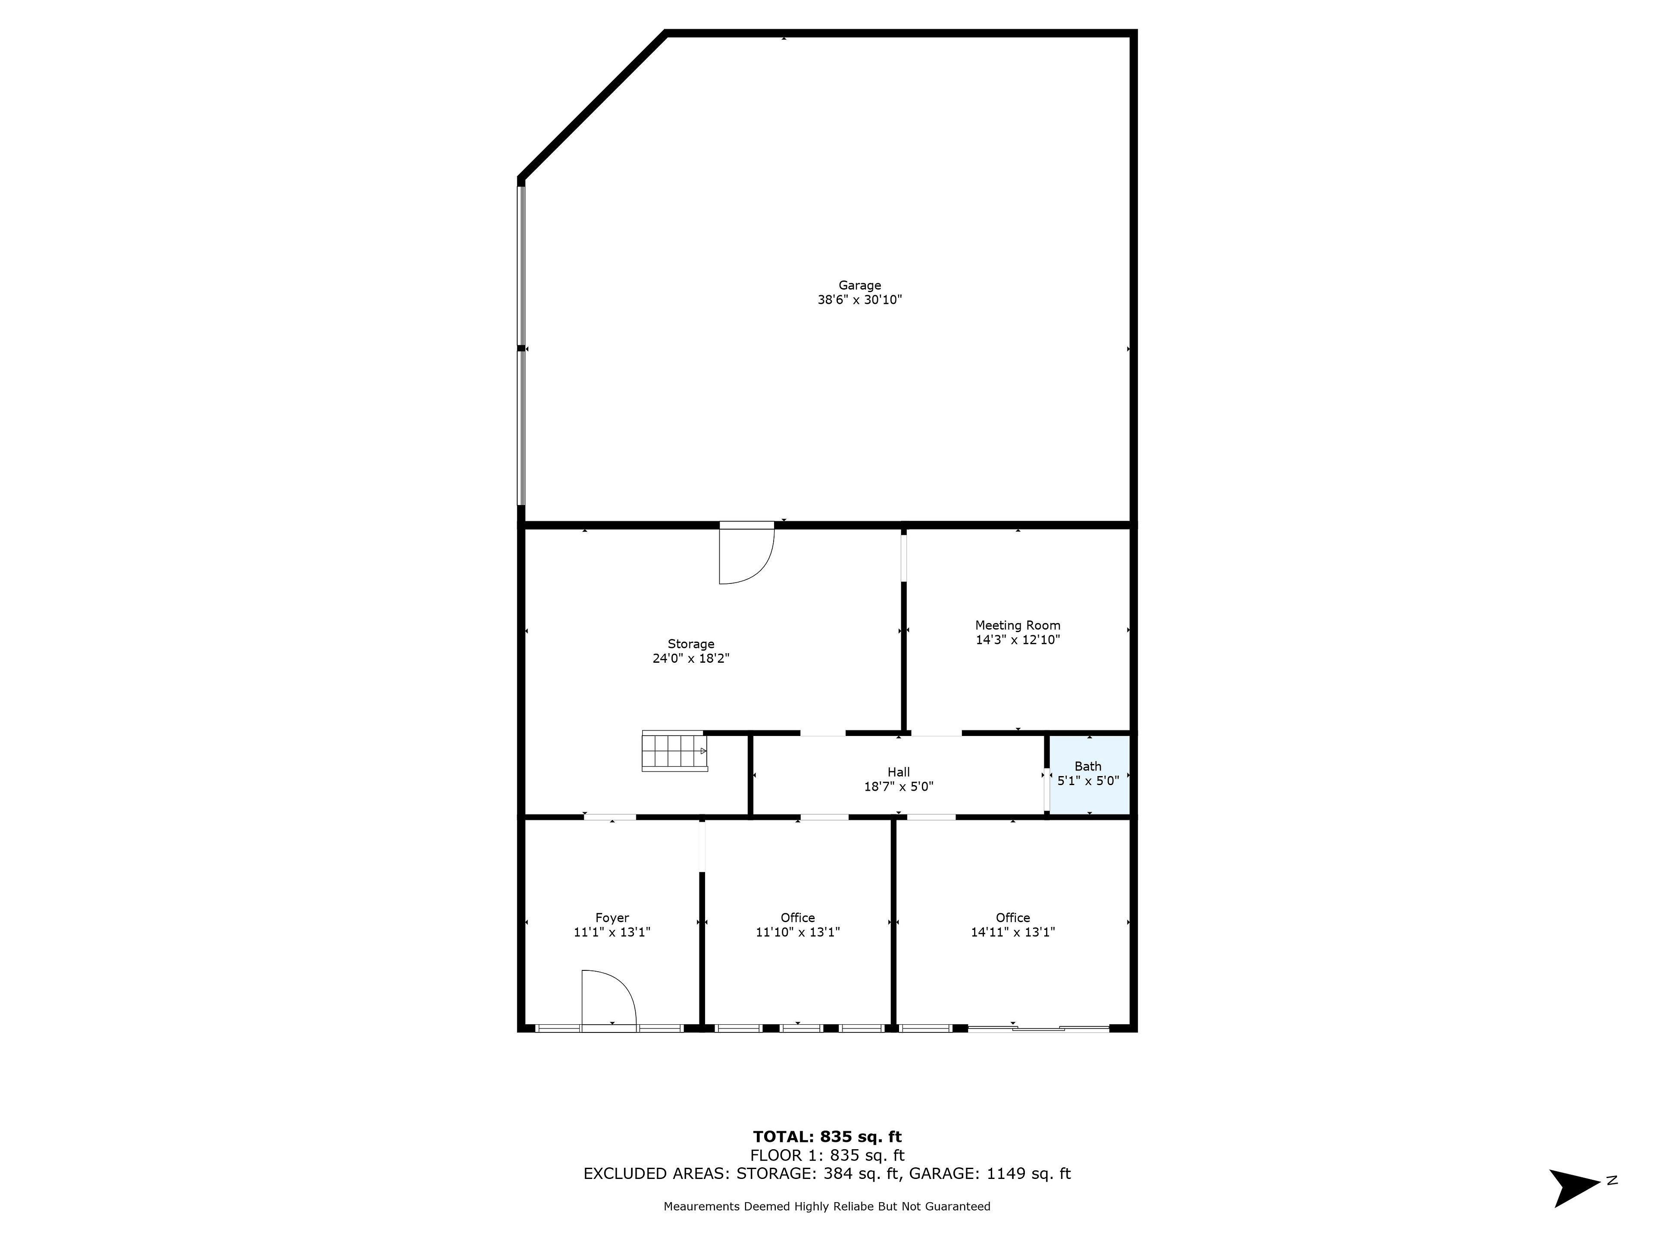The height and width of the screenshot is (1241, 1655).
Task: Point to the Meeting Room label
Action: (1018, 625)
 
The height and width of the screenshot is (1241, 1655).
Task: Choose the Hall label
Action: (899, 772)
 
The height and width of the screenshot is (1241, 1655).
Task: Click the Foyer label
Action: (612, 918)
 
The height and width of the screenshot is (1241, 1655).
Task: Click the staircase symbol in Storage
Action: (674, 750)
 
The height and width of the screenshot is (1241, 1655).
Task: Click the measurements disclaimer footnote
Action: (827, 1206)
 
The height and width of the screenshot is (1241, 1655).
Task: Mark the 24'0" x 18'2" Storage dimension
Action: (690, 658)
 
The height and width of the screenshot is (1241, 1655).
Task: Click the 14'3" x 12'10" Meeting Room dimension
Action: (1018, 639)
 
